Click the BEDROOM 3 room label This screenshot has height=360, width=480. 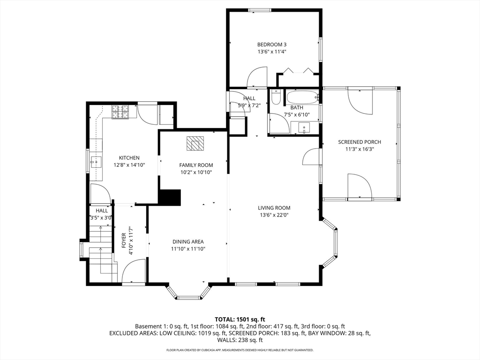point(272,45)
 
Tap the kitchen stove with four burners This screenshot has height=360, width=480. point(120,112)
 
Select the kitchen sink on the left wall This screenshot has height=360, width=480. point(96,161)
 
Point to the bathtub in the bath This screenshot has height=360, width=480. point(302,97)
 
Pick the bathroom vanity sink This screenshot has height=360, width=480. point(304,127)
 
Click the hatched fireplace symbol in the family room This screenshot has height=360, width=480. point(195,143)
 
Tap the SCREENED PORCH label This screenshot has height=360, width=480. point(360,142)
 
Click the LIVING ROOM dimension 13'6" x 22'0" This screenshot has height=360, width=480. point(274,215)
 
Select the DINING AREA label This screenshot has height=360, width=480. point(188,241)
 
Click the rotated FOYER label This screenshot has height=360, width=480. point(124,240)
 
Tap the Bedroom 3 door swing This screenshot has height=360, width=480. point(257,77)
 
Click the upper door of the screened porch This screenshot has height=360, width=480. point(360,102)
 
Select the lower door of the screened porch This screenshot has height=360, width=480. point(360,186)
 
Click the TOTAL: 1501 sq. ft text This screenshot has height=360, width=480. point(240,320)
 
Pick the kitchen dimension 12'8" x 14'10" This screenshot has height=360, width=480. point(129,165)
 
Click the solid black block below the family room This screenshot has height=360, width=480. point(170,197)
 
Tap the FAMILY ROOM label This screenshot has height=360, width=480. point(196,165)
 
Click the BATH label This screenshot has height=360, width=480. point(297,108)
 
